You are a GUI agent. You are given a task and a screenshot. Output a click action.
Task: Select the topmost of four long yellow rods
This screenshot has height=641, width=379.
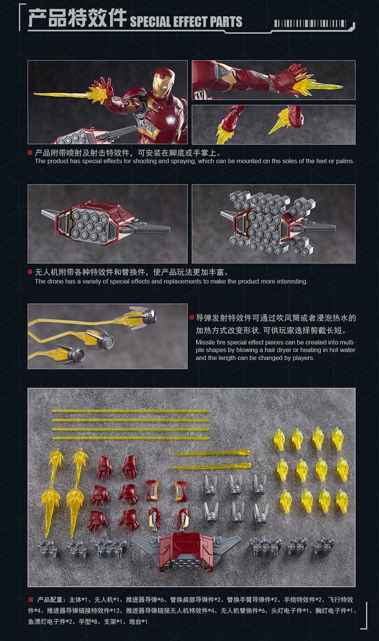[130, 411]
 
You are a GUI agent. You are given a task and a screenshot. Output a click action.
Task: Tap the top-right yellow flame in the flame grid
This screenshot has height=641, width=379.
[338, 439]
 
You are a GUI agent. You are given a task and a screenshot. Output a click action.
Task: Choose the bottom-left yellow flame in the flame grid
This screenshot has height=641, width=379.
[286, 501]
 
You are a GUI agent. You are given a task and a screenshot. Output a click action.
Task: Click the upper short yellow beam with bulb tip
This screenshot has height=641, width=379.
[210, 453]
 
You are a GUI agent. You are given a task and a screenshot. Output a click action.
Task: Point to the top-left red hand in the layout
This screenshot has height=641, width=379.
[105, 467]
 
